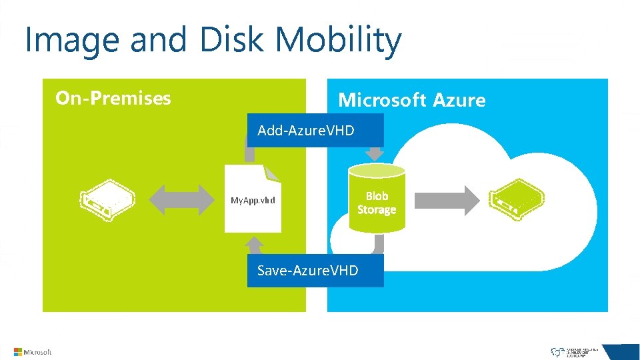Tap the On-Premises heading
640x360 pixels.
[x=113, y=99]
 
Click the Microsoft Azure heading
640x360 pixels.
[x=411, y=101]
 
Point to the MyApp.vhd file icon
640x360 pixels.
[x=253, y=199]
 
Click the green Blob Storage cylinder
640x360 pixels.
[x=377, y=200]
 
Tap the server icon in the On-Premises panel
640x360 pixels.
[x=107, y=199]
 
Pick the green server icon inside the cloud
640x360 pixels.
[x=516, y=199]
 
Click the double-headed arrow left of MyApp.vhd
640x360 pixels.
[x=176, y=199]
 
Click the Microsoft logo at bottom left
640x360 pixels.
[x=33, y=352]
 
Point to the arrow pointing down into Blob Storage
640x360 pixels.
[x=375, y=154]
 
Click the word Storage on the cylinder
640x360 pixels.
[x=377, y=210]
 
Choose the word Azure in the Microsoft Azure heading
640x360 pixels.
[x=459, y=101]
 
